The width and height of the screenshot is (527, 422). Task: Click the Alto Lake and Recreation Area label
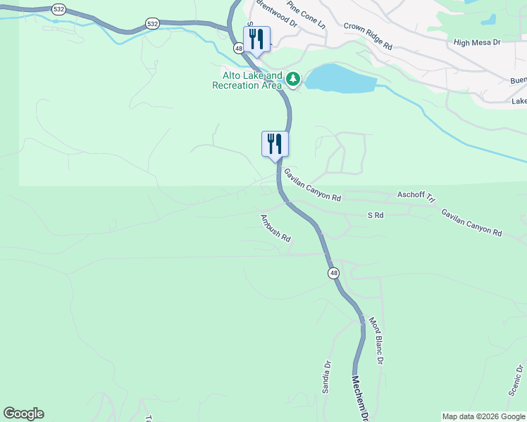[247, 80]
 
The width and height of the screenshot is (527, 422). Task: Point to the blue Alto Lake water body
[337, 78]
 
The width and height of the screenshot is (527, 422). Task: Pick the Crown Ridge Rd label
[368, 36]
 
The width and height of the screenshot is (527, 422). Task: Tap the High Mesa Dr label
[477, 42]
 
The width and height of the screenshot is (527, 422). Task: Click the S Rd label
[376, 215]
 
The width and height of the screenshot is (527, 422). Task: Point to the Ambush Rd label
[275, 228]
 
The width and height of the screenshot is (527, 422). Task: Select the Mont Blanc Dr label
[376, 340]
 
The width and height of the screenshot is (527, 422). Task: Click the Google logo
[23, 414]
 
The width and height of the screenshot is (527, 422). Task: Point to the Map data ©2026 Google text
[483, 416]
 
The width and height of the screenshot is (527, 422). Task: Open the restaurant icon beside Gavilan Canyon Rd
[275, 144]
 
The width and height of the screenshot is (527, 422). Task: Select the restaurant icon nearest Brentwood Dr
[256, 39]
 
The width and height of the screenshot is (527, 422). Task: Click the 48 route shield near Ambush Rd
[333, 273]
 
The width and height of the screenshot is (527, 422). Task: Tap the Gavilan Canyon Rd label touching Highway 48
[312, 184]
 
